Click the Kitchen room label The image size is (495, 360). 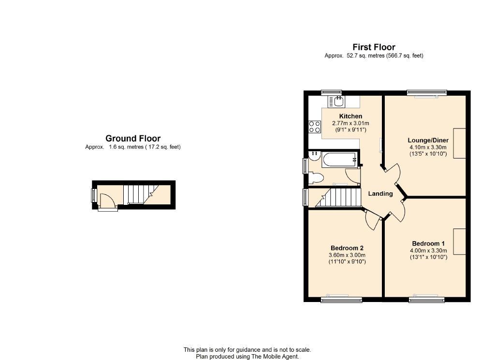[x=350, y=116]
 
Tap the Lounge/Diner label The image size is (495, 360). [x=428, y=140]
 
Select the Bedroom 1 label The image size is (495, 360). [x=428, y=244]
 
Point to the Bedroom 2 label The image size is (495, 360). [x=347, y=248]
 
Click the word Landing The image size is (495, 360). [x=380, y=194]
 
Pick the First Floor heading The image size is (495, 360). [x=374, y=47]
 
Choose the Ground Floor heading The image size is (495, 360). [x=133, y=139]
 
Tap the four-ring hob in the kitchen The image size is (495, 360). [x=315, y=127]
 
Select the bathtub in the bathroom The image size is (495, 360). [x=340, y=160]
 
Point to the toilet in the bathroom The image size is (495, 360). [x=316, y=178]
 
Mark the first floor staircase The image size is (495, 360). [x=338, y=197]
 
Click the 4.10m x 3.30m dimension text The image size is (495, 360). [x=428, y=147]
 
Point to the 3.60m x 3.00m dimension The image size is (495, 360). [x=347, y=255]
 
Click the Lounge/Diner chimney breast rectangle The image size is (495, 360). [x=460, y=143]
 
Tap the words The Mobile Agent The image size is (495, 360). [x=275, y=357]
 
